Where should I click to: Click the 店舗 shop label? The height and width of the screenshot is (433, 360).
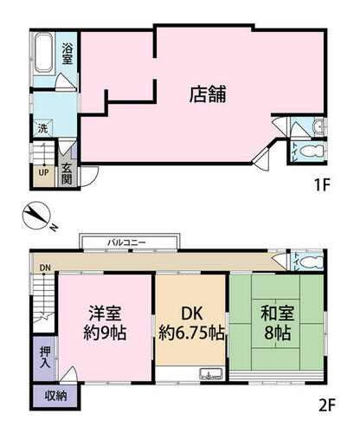pos(208,94)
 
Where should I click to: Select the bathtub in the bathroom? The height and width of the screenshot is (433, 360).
pos(44,54)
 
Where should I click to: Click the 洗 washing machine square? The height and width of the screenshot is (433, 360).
pos(43,128)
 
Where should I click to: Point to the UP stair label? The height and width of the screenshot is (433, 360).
pos(43,172)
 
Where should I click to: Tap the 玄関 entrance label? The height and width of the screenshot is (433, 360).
pos(67,174)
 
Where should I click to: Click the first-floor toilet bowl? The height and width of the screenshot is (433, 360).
pos(312,151)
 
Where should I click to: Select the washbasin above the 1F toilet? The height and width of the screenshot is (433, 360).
pos(318,126)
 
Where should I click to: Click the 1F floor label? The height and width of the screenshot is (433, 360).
pos(322,185)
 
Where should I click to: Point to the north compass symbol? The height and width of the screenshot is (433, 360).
pos(37,216)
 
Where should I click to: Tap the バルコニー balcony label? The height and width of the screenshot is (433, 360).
pos(126,242)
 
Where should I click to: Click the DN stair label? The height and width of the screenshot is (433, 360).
pos(45,268)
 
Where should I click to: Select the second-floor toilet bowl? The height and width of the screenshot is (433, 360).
pos(312,262)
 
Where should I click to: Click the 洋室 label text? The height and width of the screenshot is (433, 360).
pos(105,313)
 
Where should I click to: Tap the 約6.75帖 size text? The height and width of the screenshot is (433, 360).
pos(192,333)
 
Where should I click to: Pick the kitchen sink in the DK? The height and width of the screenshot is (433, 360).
pos(211,374)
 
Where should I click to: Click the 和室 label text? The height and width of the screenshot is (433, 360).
pos(277,313)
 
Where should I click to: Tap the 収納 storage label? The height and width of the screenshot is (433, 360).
pos(56,396)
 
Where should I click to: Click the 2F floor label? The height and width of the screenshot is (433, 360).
pos(327,406)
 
